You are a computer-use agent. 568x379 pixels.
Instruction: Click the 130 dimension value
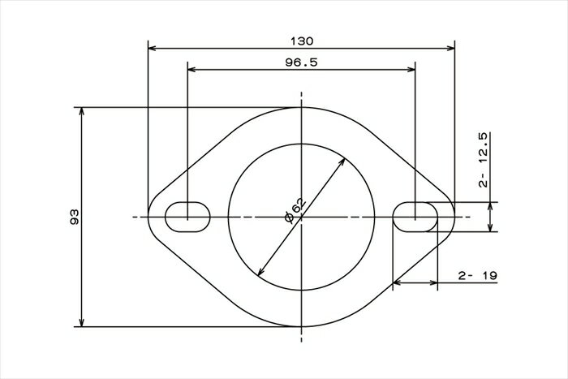302,41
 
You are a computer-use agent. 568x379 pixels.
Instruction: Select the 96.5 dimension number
301,62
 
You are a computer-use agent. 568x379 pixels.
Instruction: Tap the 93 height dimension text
75,217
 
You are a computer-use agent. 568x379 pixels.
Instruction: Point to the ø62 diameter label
295,210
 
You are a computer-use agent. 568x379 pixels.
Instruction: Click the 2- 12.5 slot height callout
484,160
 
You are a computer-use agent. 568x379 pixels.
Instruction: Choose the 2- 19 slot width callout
478,276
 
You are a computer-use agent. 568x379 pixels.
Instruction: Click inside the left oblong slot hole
187,217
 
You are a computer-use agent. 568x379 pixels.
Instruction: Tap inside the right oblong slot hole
415,217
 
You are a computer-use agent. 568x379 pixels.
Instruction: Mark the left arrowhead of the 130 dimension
153,48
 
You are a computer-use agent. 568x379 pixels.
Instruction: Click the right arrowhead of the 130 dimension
450,48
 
